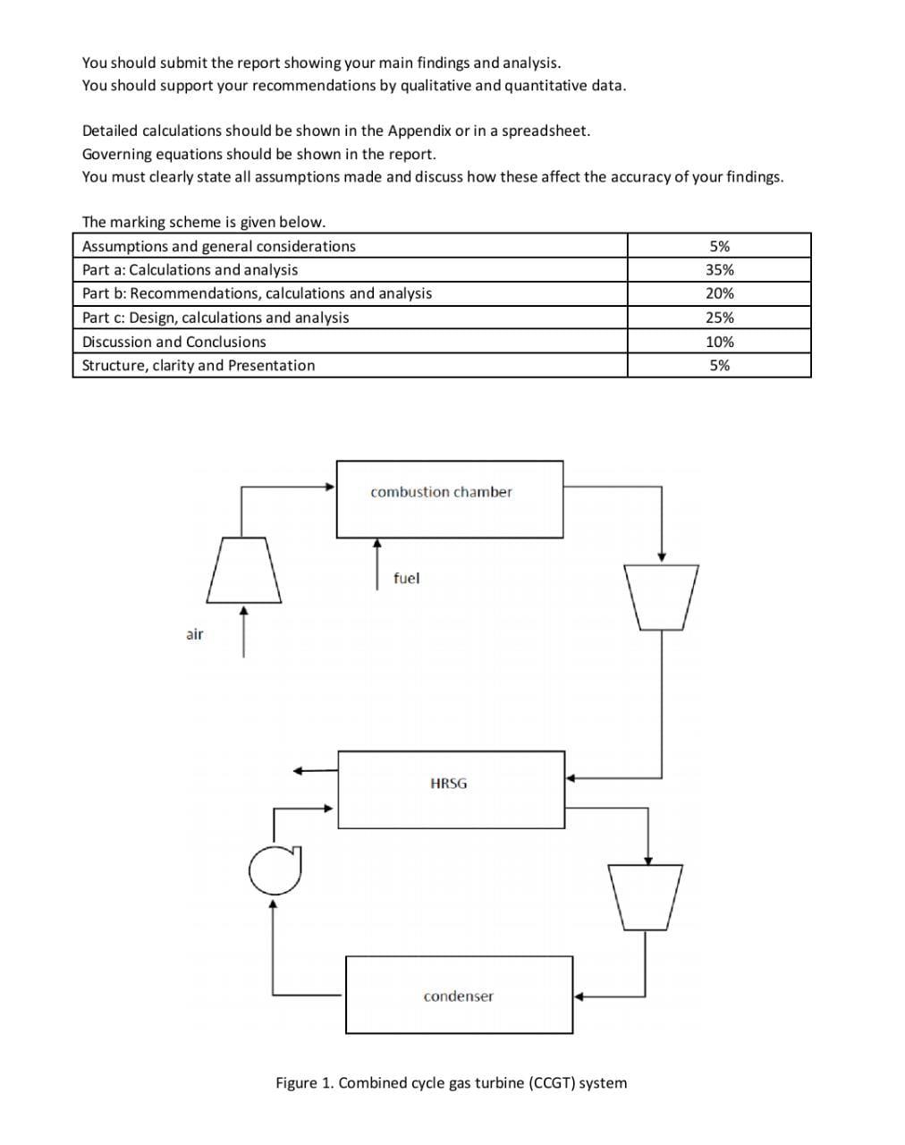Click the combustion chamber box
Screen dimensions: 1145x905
(449, 499)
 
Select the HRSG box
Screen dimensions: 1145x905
(451, 789)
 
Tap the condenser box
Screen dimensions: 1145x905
(459, 995)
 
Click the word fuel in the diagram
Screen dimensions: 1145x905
(406, 578)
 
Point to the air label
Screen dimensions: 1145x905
(194, 634)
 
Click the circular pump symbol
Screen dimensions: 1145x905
(275, 870)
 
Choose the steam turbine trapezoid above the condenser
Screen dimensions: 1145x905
(645, 895)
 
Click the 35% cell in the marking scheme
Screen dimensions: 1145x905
(719, 269)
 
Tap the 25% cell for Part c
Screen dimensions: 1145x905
(719, 318)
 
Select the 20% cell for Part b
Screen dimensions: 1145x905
(719, 293)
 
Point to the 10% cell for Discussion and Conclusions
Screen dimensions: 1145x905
(719, 342)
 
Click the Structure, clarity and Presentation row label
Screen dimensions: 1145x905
(199, 365)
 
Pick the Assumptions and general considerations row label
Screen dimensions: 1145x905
(218, 246)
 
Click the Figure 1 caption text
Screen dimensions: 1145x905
(451, 1082)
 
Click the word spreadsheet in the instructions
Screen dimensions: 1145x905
(545, 131)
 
